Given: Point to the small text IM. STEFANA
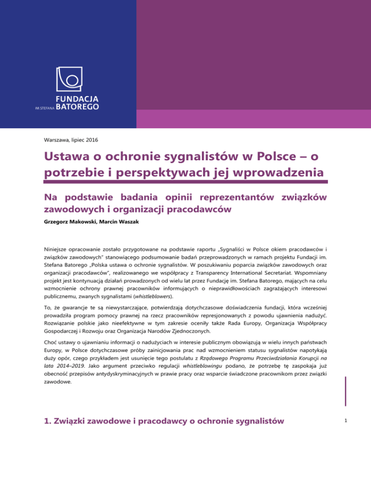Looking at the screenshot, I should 45,109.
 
